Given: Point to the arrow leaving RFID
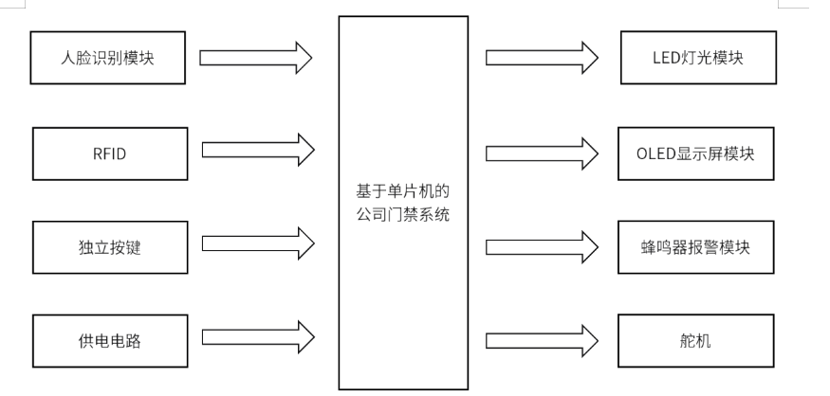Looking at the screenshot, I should pos(256,150).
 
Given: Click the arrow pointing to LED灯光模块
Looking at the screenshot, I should pos(542,57).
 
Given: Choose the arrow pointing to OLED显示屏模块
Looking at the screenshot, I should pos(542,152).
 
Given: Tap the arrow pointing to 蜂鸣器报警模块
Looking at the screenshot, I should pos(542,246).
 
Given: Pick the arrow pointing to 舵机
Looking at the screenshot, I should pos(542,340).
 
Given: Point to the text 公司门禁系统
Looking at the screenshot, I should pos(403,215).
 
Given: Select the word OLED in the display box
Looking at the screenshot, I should pos(656,152).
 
